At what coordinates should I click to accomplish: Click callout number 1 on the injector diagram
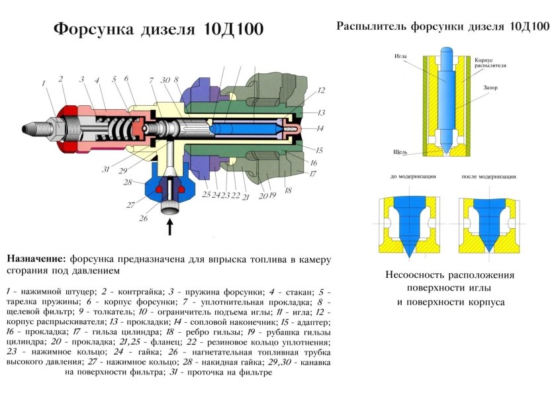[x=43, y=84]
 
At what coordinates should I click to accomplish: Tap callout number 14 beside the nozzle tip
[x=320, y=128]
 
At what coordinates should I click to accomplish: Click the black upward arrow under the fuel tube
[x=170, y=227]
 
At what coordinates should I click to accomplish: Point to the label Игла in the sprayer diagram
[x=400, y=56]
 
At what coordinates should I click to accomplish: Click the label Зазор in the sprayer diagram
[x=490, y=87]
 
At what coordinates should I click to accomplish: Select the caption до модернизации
[x=408, y=177]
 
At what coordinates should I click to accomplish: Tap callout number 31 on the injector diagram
[x=105, y=169]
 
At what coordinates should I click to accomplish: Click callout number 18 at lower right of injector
[x=287, y=190]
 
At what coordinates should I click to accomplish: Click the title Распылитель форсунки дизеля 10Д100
[x=442, y=27]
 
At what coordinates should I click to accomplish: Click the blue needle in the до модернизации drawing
[x=406, y=222]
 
